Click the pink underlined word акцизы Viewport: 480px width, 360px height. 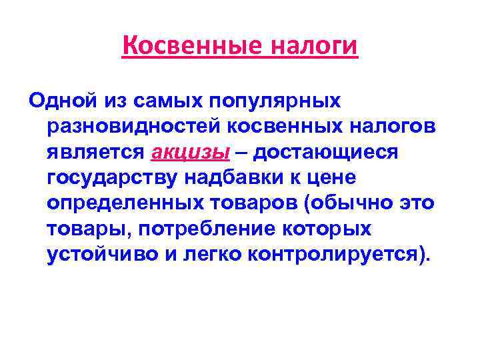[x=191, y=152]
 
